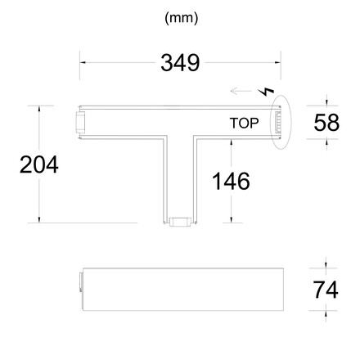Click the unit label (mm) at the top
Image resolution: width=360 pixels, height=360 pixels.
coord(180,16)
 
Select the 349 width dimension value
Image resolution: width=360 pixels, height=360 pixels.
coord(180,63)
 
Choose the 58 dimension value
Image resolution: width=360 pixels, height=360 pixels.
coord(326,124)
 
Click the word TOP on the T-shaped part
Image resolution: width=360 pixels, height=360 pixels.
coord(245,124)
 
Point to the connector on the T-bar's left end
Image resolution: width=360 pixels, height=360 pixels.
coord(79,123)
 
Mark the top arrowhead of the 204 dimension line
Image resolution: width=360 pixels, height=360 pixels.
coord(38,108)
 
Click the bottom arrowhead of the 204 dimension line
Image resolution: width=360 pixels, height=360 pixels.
coord(38,218)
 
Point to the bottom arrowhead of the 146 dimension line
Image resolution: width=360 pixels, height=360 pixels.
coord(232,218)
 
